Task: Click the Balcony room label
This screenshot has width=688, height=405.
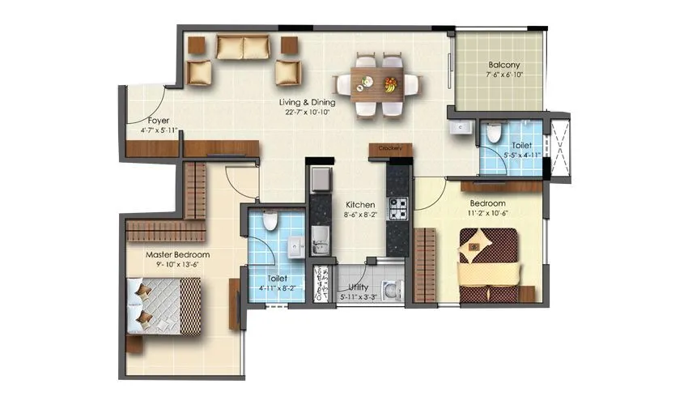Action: [x=503, y=66]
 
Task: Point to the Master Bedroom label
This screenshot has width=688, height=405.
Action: [x=177, y=254]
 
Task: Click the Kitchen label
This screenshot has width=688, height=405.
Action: [x=359, y=205]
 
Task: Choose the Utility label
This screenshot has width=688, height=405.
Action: [x=359, y=287]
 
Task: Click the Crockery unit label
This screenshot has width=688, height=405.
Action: [x=390, y=148]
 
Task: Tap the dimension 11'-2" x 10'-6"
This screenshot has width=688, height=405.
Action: [x=487, y=214]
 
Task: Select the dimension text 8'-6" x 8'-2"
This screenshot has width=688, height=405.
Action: [x=359, y=216]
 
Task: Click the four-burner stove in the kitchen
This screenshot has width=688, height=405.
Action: [x=398, y=210]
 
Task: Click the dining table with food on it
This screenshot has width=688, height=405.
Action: [x=378, y=83]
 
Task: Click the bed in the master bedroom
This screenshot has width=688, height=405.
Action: [x=164, y=305]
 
